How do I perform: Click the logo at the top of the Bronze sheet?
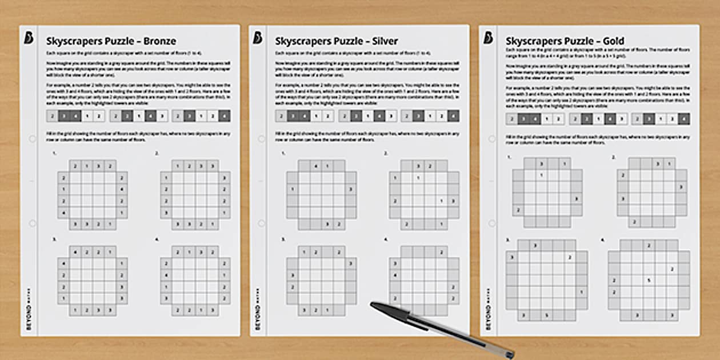(29, 38)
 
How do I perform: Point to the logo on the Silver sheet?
(258, 38)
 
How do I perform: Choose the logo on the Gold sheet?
(488, 38)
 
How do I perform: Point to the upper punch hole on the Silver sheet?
(261, 139)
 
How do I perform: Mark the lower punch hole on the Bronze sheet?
(32, 223)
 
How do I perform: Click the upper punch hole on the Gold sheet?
(491, 139)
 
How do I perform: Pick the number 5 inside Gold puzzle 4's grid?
(649, 281)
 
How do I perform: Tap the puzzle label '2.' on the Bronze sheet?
(157, 154)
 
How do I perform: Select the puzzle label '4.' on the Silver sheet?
(386, 239)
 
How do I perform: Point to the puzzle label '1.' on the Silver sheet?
(283, 154)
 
